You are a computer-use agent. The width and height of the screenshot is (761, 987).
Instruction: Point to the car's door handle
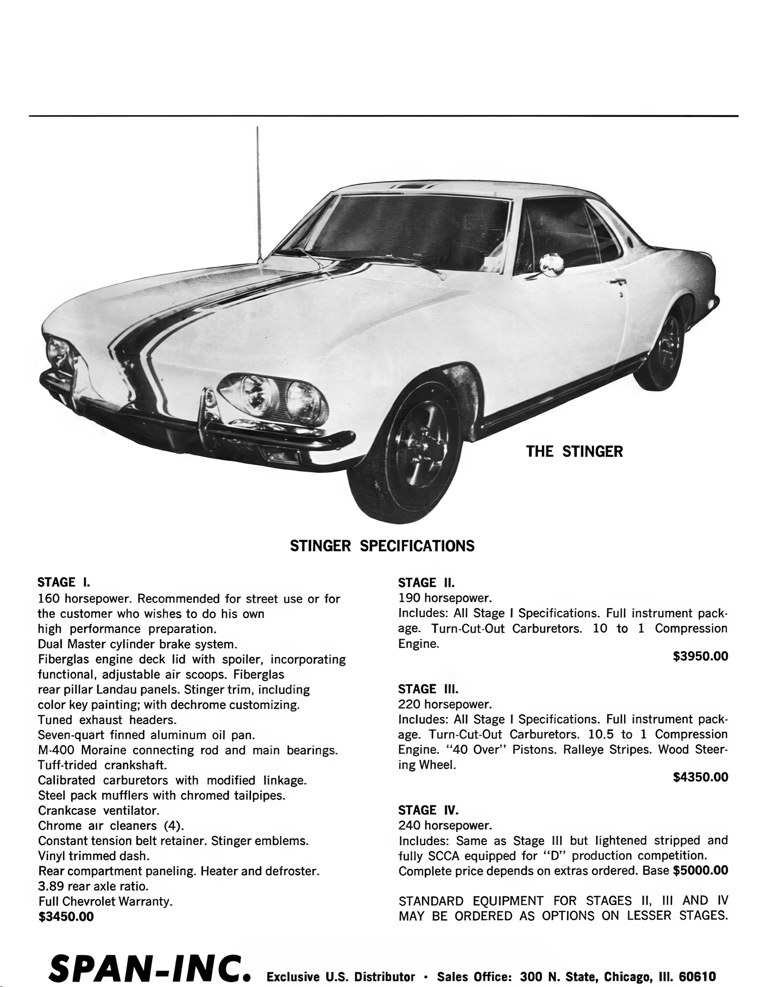(617, 282)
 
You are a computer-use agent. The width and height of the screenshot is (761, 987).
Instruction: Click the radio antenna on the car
(259, 196)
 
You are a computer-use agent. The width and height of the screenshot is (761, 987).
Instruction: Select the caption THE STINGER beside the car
(574, 452)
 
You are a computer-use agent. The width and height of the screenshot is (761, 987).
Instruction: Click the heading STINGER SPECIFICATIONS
(382, 546)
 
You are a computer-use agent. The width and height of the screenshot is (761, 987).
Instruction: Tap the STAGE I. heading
(64, 583)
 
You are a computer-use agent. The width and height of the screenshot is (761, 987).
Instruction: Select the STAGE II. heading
(426, 583)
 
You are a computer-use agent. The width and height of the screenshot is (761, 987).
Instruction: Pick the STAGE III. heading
(428, 689)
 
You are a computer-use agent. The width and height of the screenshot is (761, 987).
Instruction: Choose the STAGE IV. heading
(428, 810)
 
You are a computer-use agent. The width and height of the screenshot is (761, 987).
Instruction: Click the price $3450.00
(66, 917)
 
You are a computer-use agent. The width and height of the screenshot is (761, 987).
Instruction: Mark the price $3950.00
(700, 657)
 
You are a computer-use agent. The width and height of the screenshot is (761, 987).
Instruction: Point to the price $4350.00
(700, 777)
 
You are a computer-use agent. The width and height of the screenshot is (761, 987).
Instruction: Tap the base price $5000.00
(700, 871)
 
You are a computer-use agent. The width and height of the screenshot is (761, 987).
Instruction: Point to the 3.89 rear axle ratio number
(51, 886)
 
